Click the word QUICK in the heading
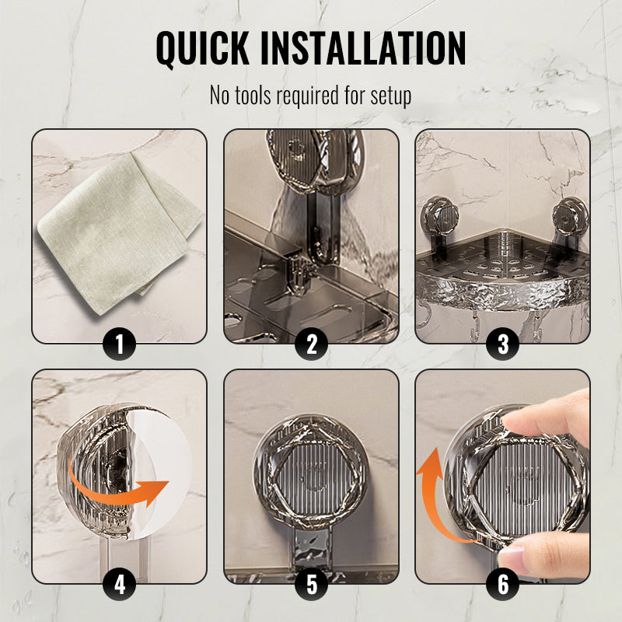pyautogui.click(x=203, y=48)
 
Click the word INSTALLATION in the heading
pyautogui.click(x=363, y=47)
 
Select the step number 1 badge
pyautogui.click(x=120, y=344)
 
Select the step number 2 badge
pyautogui.click(x=312, y=344)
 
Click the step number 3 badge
pyautogui.click(x=503, y=344)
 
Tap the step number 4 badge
pyautogui.click(x=120, y=584)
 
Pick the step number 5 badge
pyautogui.click(x=312, y=584)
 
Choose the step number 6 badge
pyautogui.click(x=503, y=584)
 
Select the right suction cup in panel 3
pyautogui.click(x=570, y=217)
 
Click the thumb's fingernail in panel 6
pyautogui.click(x=512, y=554)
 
